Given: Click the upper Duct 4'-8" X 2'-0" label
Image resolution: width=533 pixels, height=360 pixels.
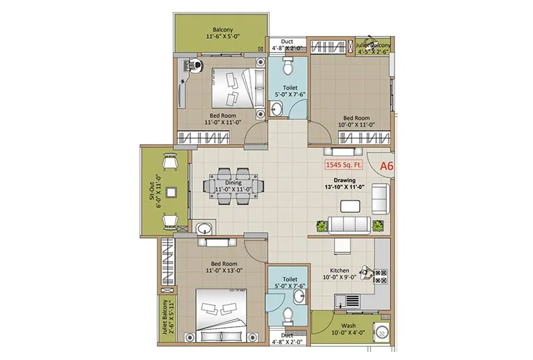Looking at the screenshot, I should (x=288, y=44).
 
